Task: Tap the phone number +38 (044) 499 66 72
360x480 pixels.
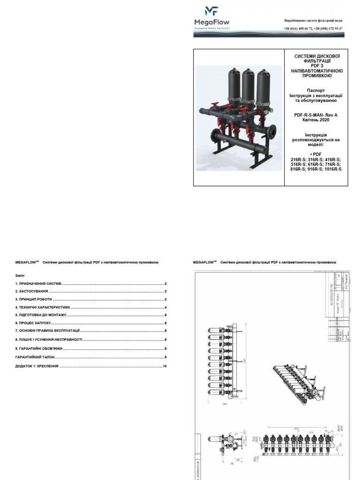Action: click(298, 29)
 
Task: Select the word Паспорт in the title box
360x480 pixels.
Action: click(315, 90)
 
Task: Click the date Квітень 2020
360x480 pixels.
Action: click(315, 120)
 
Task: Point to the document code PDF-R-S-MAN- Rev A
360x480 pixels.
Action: click(315, 115)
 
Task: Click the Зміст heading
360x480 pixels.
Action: click(20, 276)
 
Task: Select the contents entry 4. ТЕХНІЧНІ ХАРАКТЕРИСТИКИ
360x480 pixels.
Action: click(42, 307)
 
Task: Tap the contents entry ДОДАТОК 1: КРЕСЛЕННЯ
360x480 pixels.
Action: click(37, 366)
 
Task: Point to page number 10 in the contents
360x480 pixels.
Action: click(165, 366)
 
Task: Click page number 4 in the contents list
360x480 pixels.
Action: click(165, 307)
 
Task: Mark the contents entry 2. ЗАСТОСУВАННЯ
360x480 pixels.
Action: click(32, 292)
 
